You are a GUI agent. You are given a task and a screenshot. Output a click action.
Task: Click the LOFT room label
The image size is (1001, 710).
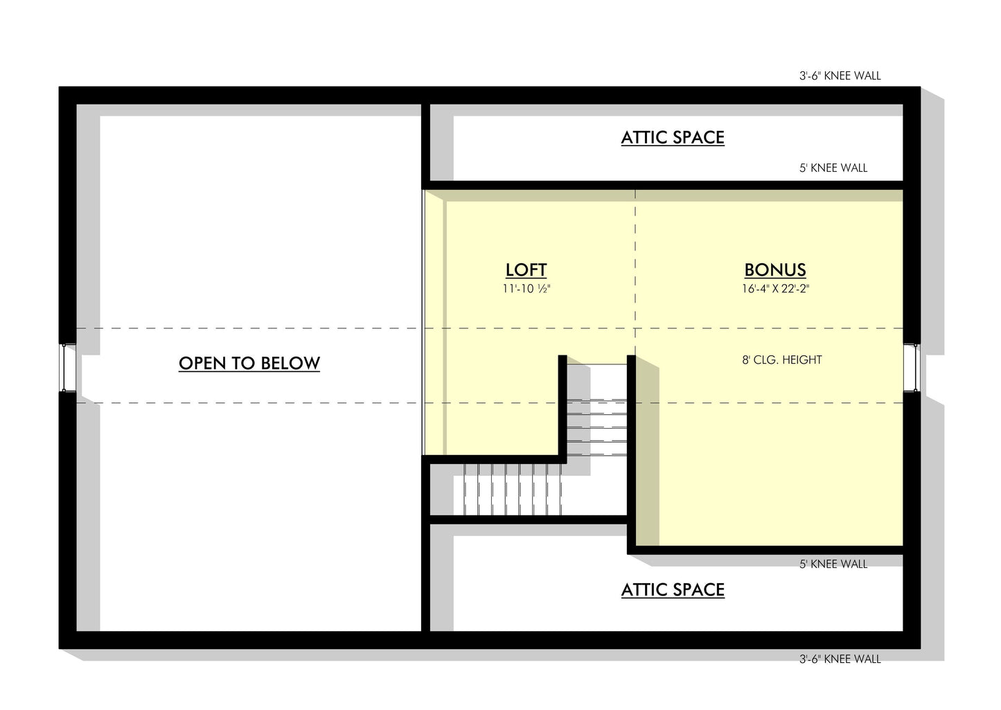click(x=526, y=270)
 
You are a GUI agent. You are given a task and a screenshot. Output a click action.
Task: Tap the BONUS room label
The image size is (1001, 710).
click(x=775, y=270)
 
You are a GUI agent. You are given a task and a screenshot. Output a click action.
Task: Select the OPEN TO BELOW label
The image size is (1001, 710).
click(x=249, y=363)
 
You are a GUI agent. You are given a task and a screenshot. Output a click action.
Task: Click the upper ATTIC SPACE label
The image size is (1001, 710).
click(x=673, y=138)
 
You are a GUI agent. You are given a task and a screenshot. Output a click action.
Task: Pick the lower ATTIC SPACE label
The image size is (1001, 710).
click(x=673, y=589)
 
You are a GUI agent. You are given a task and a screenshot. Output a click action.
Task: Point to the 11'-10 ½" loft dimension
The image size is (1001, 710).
click(x=526, y=289)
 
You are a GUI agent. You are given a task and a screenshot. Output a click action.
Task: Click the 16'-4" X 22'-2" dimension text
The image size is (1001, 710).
click(x=775, y=289)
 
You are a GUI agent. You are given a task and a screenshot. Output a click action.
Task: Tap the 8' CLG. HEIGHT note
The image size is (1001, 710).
click(x=782, y=360)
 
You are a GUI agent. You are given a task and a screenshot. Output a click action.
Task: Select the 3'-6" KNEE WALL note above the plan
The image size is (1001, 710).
click(x=840, y=76)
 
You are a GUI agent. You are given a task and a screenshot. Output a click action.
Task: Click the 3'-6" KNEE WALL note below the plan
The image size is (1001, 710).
click(x=840, y=659)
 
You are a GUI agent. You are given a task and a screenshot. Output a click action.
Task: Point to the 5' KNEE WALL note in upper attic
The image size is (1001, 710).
click(x=833, y=168)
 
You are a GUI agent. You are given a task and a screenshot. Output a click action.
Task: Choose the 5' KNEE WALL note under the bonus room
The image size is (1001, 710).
click(x=833, y=564)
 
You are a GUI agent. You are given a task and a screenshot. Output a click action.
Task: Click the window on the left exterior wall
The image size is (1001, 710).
click(x=67, y=367)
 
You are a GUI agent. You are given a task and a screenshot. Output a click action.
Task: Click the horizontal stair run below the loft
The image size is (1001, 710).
click(x=512, y=489)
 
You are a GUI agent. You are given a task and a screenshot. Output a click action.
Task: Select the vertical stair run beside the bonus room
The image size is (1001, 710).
click(x=597, y=410)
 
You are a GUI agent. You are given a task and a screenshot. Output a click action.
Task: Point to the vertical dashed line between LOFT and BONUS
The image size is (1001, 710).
click(x=635, y=272)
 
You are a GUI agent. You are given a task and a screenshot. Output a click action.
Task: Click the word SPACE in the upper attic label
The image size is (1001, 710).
click(x=700, y=138)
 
